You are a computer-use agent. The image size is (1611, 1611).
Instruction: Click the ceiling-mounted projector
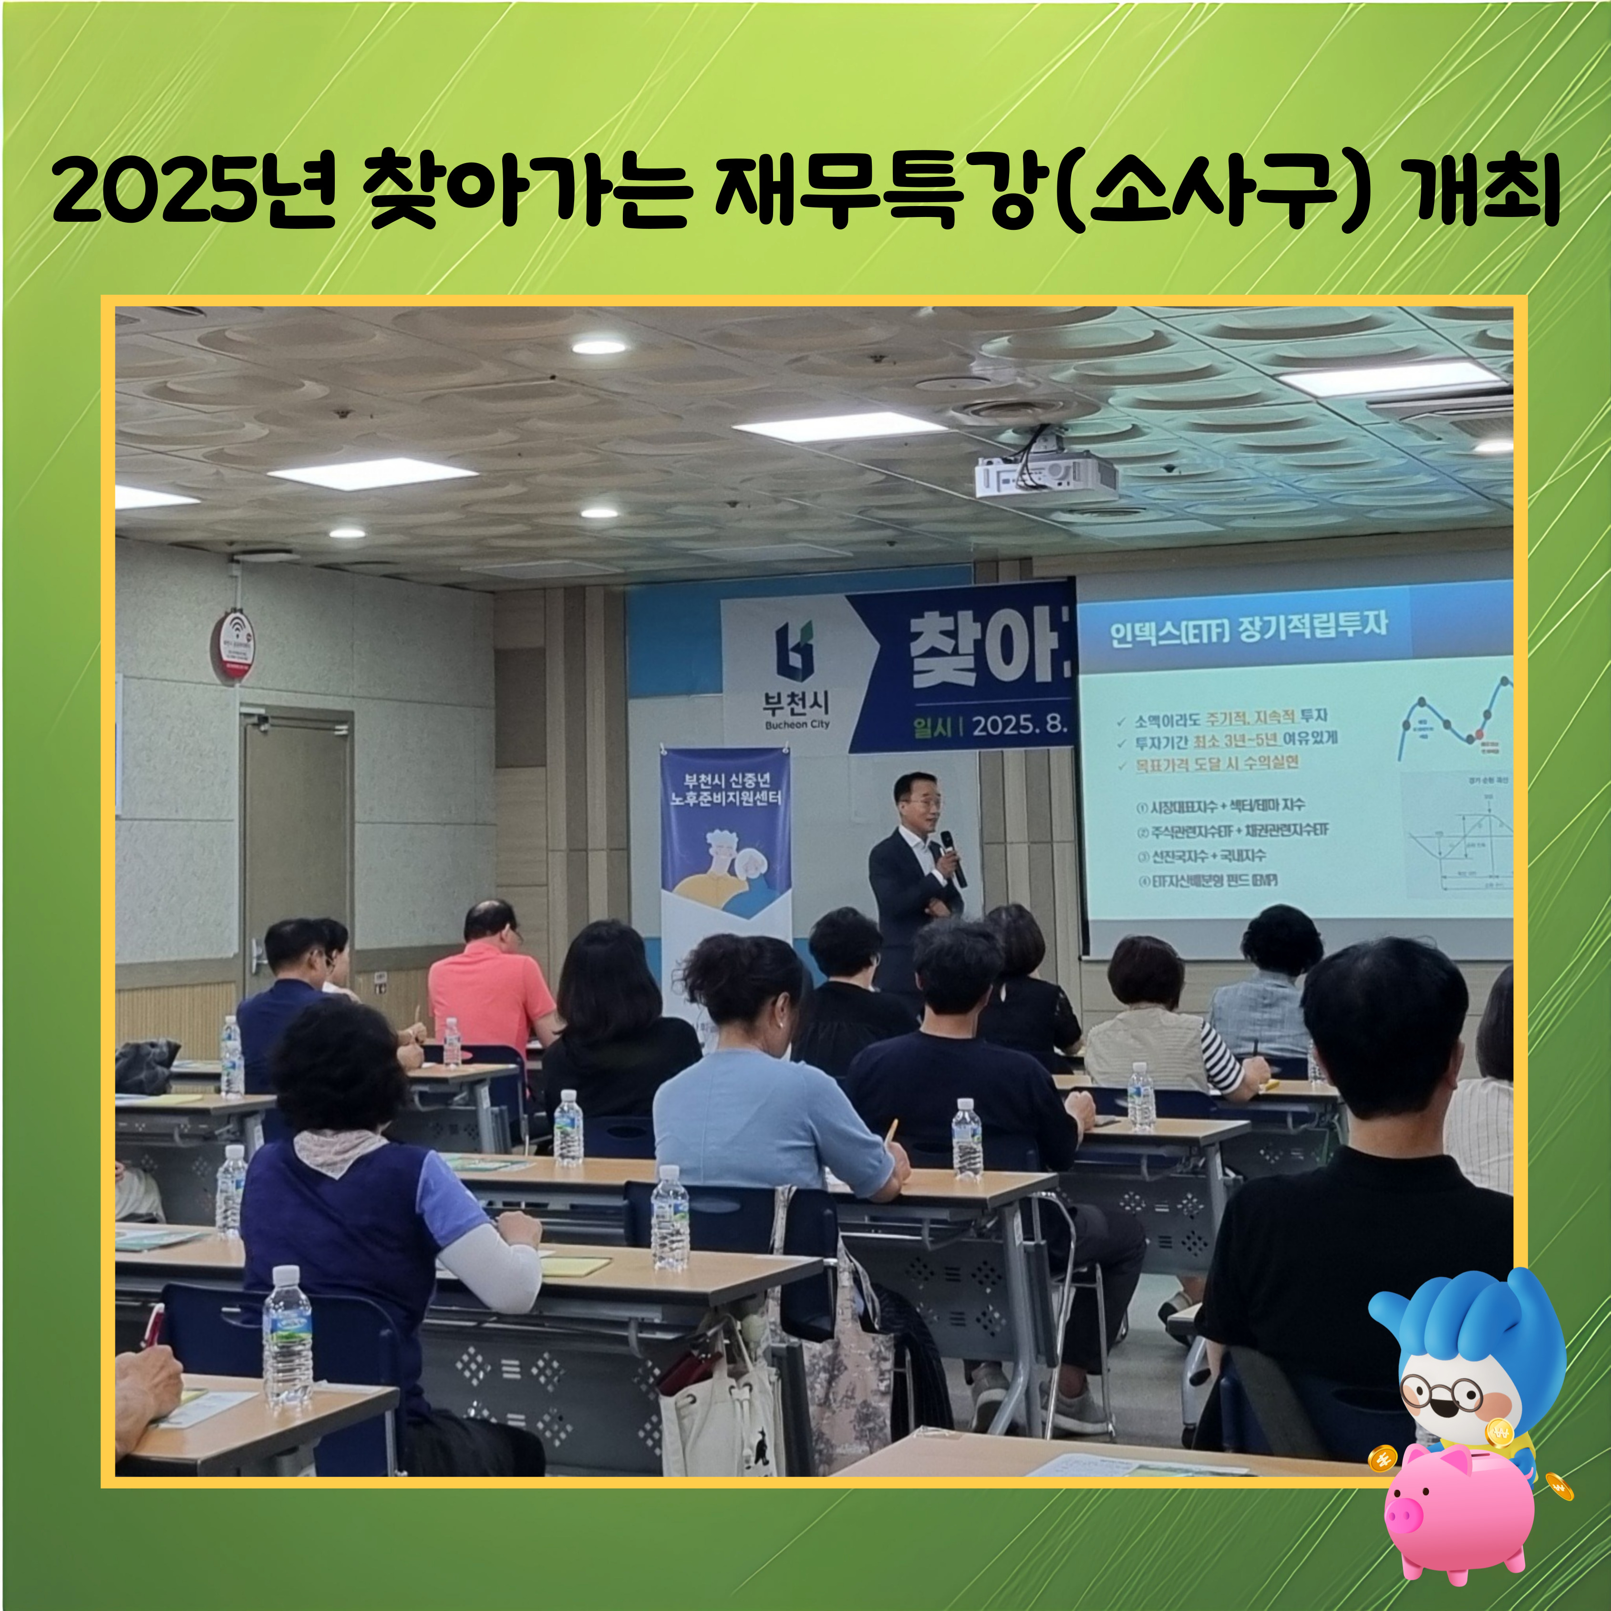click(x=1046, y=476)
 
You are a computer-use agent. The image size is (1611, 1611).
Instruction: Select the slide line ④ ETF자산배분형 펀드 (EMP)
click(x=1208, y=880)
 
